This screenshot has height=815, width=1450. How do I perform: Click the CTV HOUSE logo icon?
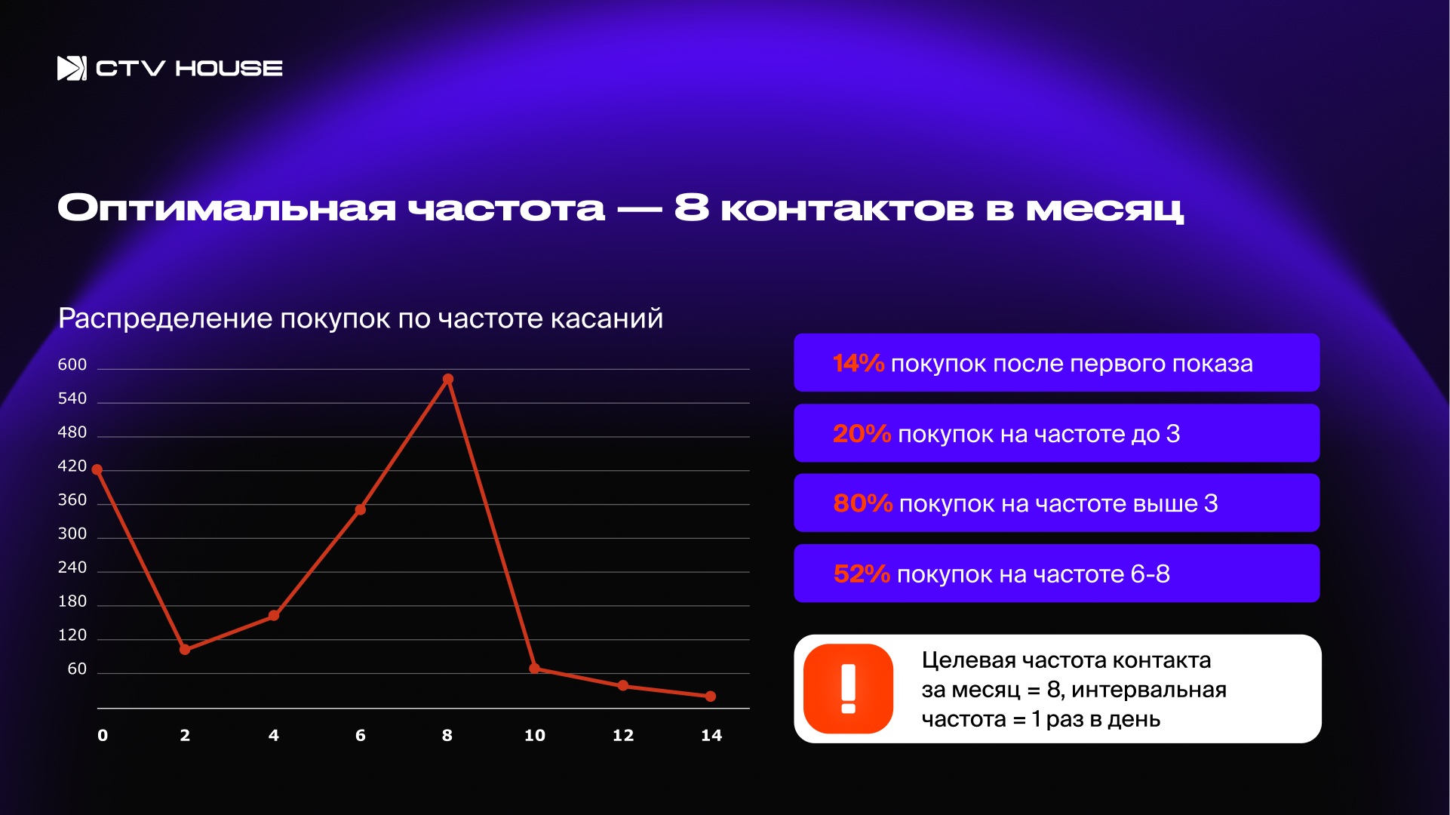[72, 68]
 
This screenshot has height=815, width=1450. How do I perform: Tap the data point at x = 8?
[448, 379]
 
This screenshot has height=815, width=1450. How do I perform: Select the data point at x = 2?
[185, 649]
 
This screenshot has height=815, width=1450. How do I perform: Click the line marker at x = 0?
[97, 469]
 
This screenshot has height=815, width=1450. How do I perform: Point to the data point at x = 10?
[534, 669]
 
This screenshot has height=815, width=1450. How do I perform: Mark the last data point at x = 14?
[710, 697]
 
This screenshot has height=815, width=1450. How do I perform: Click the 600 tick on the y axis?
[72, 365]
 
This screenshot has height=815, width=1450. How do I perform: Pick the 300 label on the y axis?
[72, 534]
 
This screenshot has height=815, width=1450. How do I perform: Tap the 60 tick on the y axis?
[77, 669]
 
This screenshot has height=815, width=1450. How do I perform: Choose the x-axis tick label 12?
[623, 736]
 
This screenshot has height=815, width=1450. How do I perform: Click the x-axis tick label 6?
[361, 736]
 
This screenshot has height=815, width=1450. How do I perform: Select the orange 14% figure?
[859, 363]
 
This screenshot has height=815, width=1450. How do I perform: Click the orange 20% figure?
[862, 433]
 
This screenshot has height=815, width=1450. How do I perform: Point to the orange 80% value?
[863, 503]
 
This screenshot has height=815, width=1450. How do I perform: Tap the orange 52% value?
[862, 574]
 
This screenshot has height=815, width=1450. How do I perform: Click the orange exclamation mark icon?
[849, 688]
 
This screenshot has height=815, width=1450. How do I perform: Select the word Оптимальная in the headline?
[227, 208]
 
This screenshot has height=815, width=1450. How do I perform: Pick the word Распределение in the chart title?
[165, 319]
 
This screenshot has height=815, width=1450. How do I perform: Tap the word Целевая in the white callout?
[969, 661]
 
